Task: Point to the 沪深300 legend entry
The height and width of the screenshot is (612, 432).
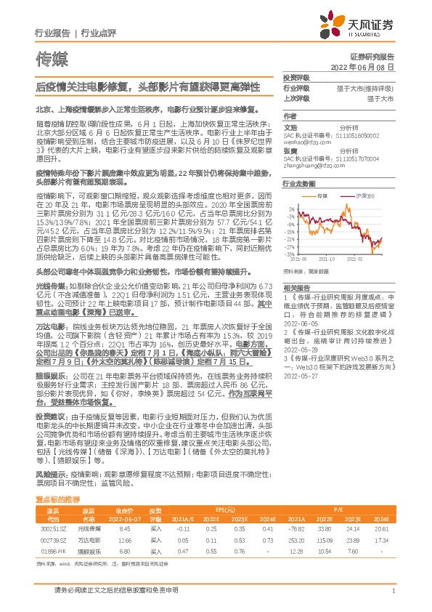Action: click(362, 197)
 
